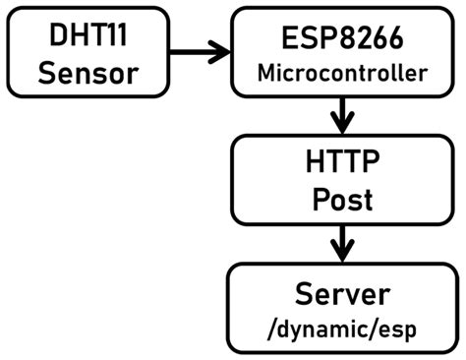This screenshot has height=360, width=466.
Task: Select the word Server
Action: coord(342,292)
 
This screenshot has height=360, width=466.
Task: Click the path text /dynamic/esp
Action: coord(342,329)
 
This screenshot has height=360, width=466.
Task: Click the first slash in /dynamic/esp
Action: coord(274,329)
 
